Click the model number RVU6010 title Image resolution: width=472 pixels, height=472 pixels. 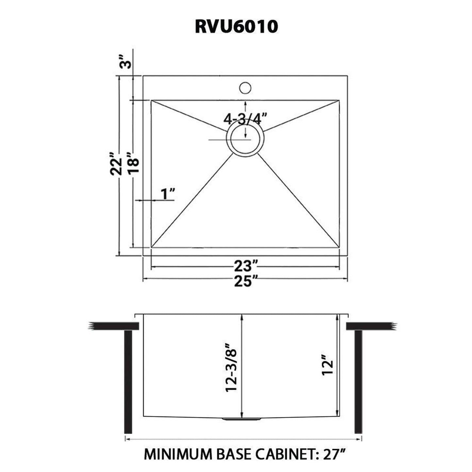click(236, 27)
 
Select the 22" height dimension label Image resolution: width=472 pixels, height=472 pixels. click(116, 168)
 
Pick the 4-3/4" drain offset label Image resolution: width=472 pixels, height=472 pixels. click(245, 119)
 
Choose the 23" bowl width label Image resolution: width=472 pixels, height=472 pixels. click(245, 267)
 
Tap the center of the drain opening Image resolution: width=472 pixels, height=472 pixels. click(245, 139)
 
